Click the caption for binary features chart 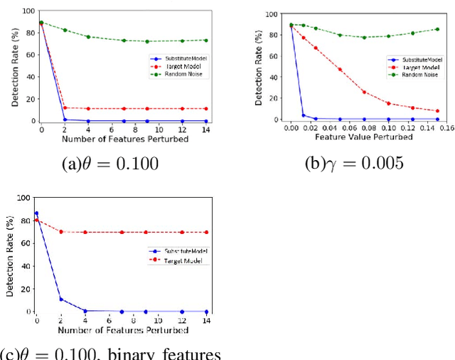coord(110,353)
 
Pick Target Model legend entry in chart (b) coord(414,66)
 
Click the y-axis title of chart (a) coord(15,66)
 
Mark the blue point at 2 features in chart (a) coord(65,120)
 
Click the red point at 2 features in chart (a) coord(65,108)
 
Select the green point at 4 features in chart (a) coord(88,37)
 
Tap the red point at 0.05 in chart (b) coord(340,70)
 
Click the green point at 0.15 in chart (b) coord(437,29)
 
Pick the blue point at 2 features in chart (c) coord(60,299)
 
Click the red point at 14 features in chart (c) coord(206,232)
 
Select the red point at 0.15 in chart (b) coord(437,111)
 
